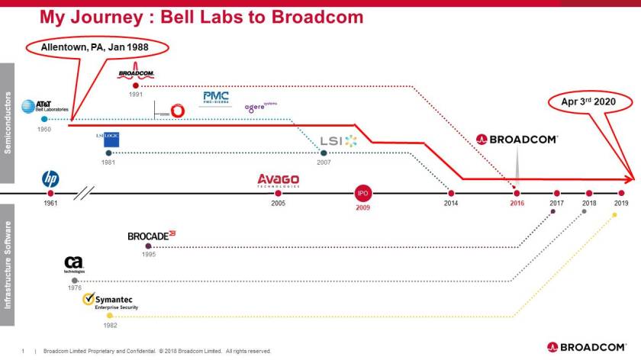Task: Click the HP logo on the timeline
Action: click(x=50, y=179)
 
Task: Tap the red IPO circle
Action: click(x=363, y=193)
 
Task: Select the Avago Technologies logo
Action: click(x=278, y=181)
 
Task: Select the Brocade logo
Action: click(x=151, y=236)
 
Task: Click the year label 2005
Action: click(x=278, y=204)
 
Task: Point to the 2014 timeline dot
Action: click(x=451, y=193)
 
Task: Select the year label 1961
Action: click(x=50, y=204)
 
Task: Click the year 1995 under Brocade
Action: click(x=148, y=254)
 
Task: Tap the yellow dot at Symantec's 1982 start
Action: click(x=109, y=315)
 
